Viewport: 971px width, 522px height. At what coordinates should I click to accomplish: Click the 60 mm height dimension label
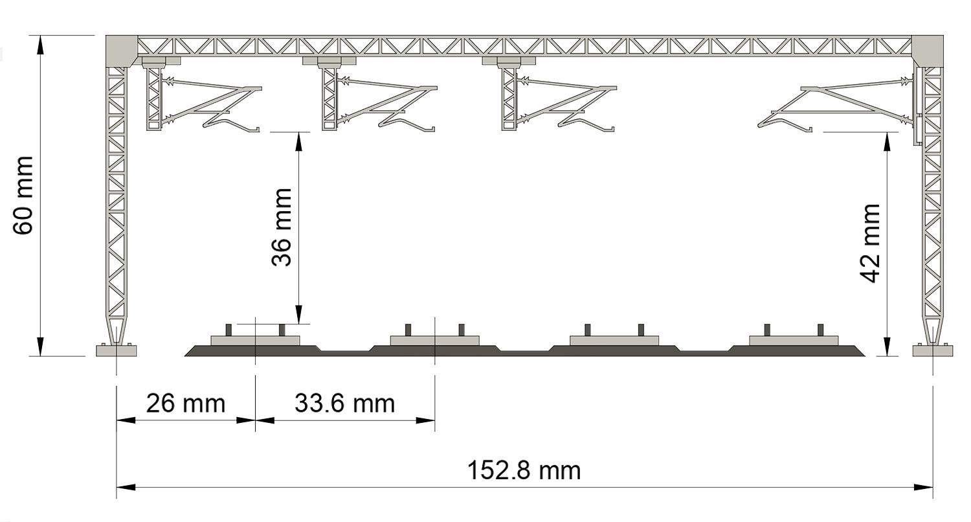23,196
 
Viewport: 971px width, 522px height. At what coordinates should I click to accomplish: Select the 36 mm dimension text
282,227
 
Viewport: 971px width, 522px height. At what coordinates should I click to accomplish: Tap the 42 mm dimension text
871,244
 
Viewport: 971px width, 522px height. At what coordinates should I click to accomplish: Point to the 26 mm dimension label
186,403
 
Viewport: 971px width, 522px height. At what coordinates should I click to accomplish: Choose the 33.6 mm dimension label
344,403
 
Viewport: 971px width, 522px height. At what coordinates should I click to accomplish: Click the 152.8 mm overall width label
524,470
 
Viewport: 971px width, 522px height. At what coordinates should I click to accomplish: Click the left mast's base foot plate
116,350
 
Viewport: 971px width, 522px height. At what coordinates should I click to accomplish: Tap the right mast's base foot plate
932,350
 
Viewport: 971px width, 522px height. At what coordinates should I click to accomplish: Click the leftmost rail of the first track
229,330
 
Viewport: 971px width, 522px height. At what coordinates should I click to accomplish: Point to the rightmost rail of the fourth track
820,330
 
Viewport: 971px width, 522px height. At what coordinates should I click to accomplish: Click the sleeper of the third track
614,341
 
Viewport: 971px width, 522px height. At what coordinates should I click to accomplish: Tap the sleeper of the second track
435,341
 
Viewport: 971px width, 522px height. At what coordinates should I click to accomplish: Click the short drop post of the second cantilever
329,98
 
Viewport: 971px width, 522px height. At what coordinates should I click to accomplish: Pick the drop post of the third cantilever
509,98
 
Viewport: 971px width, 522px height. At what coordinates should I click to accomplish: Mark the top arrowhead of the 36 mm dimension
298,141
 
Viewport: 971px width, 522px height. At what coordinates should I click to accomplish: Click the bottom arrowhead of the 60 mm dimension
40,347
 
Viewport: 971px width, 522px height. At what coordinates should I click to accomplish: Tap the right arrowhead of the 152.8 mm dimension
923,487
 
